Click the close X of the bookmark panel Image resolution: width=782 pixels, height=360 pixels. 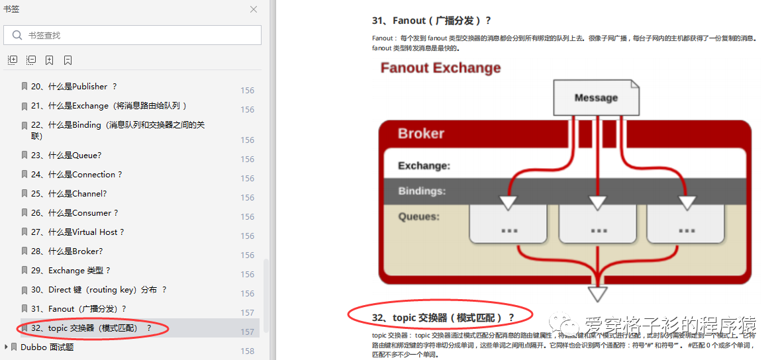tap(254, 9)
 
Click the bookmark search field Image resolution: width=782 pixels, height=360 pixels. tap(139, 35)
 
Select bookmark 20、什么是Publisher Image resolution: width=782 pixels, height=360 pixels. tap(73, 87)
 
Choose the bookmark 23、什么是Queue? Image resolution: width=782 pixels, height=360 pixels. tap(66, 156)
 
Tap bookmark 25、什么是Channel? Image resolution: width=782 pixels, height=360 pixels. tap(69, 194)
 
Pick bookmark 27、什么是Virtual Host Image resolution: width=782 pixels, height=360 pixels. tap(77, 232)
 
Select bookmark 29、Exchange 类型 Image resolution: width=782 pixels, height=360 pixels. tap(71, 271)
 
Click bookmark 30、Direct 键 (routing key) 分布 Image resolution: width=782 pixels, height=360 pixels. tap(99, 290)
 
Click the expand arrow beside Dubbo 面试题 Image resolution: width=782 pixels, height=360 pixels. tap(7, 347)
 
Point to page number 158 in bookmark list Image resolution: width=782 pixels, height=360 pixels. tap(248, 351)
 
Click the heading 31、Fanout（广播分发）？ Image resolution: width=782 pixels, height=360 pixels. tap(432, 21)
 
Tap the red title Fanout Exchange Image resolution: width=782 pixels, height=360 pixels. tap(440, 68)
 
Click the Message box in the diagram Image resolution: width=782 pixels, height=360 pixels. tap(596, 98)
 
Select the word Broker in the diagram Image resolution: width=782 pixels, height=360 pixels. tap(421, 134)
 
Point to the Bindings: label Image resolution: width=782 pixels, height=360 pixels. tap(422, 191)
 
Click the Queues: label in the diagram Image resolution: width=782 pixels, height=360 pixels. tap(418, 216)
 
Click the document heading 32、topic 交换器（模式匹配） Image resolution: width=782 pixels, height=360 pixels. tap(443, 318)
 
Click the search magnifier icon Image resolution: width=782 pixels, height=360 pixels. tap(17, 35)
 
